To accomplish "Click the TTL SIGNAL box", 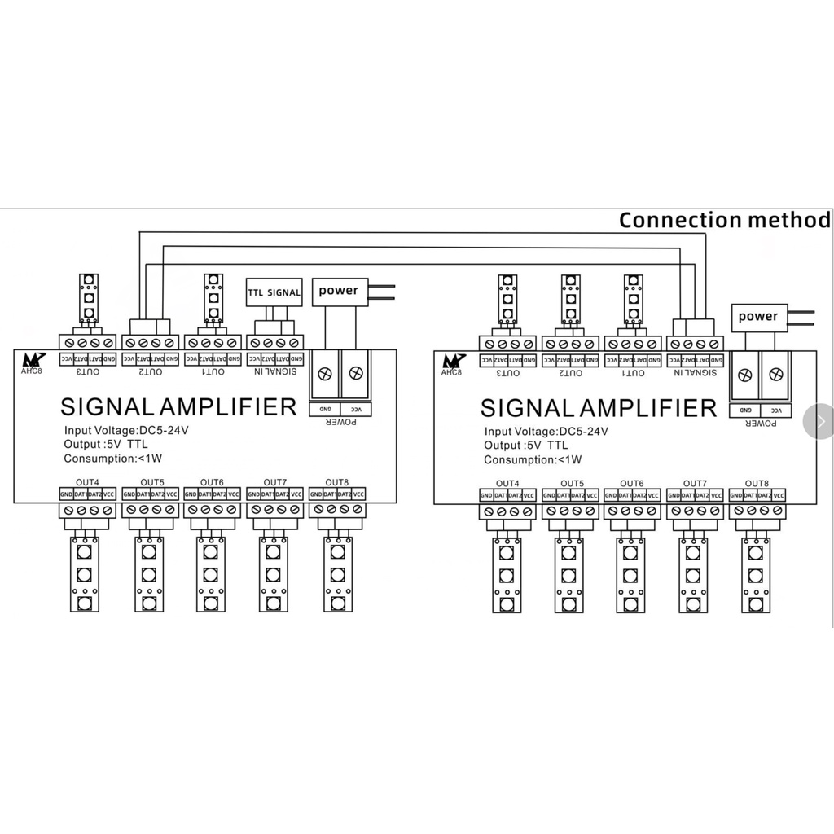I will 274,292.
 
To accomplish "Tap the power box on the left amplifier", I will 338,291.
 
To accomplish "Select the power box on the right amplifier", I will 757,316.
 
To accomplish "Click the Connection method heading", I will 724,220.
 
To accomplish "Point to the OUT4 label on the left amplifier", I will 88,482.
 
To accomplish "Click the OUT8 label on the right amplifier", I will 757,484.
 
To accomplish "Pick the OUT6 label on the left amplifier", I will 212,482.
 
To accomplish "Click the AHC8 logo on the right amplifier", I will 453,364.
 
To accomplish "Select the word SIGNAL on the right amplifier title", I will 529,408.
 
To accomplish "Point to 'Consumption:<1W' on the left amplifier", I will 112,459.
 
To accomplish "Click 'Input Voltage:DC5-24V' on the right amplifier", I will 546,432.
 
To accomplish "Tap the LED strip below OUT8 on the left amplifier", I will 338,574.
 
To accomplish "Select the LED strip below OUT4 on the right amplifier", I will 507,575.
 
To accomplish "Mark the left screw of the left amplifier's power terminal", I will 324,373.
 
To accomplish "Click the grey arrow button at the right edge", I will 819,421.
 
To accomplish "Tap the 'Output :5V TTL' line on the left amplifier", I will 106,445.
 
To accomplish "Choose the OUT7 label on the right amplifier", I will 694,484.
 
